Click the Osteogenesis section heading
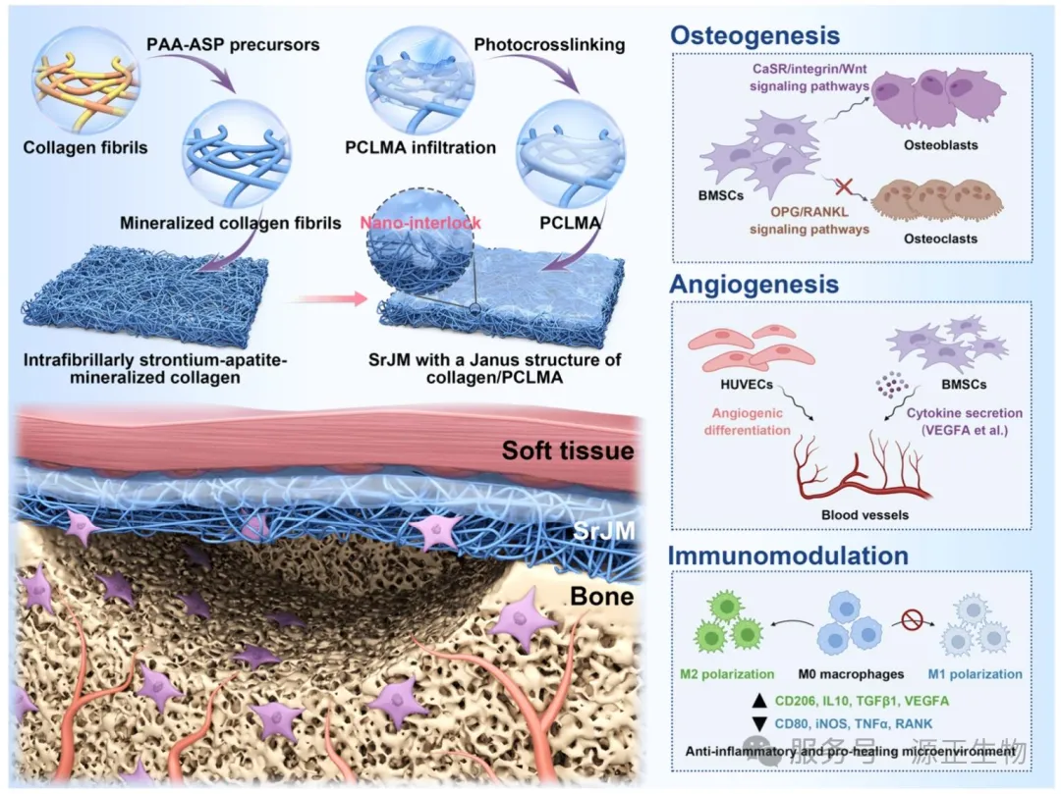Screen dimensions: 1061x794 tap(754, 35)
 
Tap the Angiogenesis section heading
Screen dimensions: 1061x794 tap(754, 285)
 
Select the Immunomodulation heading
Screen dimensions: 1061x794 tap(788, 556)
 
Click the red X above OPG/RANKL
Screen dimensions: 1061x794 tap(843, 186)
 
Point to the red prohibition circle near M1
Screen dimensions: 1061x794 tap(912, 618)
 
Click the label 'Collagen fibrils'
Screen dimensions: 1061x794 tap(85, 147)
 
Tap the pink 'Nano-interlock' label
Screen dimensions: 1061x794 tap(420, 223)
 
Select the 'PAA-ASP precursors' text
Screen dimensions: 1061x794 tap(233, 44)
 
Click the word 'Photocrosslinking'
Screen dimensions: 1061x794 tap(549, 44)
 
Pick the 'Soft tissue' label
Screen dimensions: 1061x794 tap(568, 450)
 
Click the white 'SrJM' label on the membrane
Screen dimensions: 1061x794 tap(603, 530)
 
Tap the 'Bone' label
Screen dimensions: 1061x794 tap(601, 596)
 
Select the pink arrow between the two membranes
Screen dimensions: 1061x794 tap(331, 298)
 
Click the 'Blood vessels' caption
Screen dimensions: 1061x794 tap(865, 515)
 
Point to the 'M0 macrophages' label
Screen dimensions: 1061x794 tap(851, 673)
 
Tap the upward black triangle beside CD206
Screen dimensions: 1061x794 tap(759, 701)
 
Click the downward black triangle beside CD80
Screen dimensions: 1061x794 tap(759, 723)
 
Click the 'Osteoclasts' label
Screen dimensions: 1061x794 tap(940, 238)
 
